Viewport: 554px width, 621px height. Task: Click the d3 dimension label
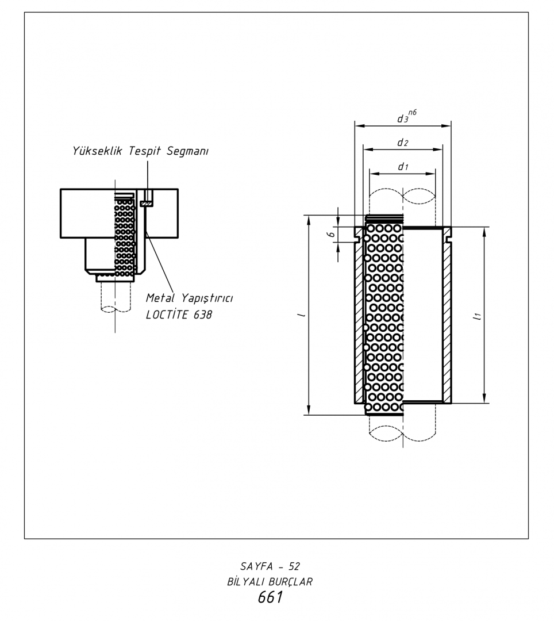[402, 118]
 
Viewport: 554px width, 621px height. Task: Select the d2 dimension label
[402, 143]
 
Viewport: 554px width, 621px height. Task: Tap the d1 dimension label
[403, 167]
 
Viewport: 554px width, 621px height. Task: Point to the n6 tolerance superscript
[412, 113]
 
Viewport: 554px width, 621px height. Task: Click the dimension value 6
[332, 234]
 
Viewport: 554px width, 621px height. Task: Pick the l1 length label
[478, 316]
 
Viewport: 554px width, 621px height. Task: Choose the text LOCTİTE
[167, 315]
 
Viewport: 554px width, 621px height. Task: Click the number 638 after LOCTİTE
[203, 315]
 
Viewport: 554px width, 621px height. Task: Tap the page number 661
[270, 597]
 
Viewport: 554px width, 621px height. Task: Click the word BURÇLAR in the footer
[290, 582]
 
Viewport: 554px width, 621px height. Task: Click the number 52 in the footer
[294, 566]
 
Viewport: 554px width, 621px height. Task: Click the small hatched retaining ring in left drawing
[146, 204]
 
